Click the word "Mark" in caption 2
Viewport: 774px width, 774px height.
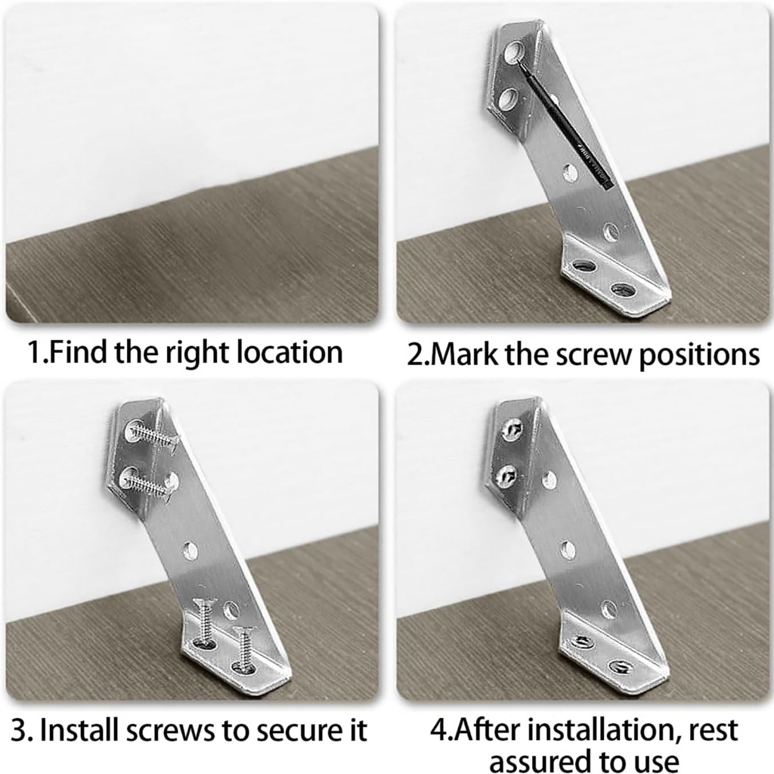coord(463,354)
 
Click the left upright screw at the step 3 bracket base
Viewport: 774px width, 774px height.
coord(205,623)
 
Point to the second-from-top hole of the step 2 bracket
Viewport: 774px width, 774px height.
coord(508,98)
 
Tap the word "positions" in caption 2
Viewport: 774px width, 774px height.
coord(699,355)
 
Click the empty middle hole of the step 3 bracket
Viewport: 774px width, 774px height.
coord(190,551)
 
